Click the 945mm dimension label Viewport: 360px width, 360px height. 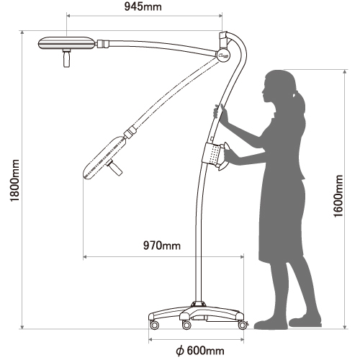click(x=143, y=6)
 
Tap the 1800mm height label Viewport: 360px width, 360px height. click(x=15, y=181)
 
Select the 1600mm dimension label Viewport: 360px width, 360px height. click(x=338, y=197)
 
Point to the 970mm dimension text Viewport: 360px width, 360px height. click(x=162, y=246)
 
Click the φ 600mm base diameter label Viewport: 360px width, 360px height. click(x=200, y=351)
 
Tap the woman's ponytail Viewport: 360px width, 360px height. click(x=300, y=102)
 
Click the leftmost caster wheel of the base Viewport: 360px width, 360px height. click(x=154, y=325)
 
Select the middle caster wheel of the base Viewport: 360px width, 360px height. click(x=186, y=325)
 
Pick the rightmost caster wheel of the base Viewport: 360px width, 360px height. click(x=243, y=325)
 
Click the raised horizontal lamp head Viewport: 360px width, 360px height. click(x=66, y=43)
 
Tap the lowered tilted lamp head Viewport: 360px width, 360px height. click(x=104, y=158)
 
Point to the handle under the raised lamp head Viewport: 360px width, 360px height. click(x=66, y=58)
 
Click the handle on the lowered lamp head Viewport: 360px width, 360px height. click(x=114, y=167)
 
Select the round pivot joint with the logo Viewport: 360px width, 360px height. click(x=224, y=55)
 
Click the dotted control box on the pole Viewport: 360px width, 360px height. click(x=212, y=153)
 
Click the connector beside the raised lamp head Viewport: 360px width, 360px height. click(x=102, y=44)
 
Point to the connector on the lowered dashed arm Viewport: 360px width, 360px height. click(x=130, y=132)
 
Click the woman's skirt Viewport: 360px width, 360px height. click(x=282, y=221)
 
